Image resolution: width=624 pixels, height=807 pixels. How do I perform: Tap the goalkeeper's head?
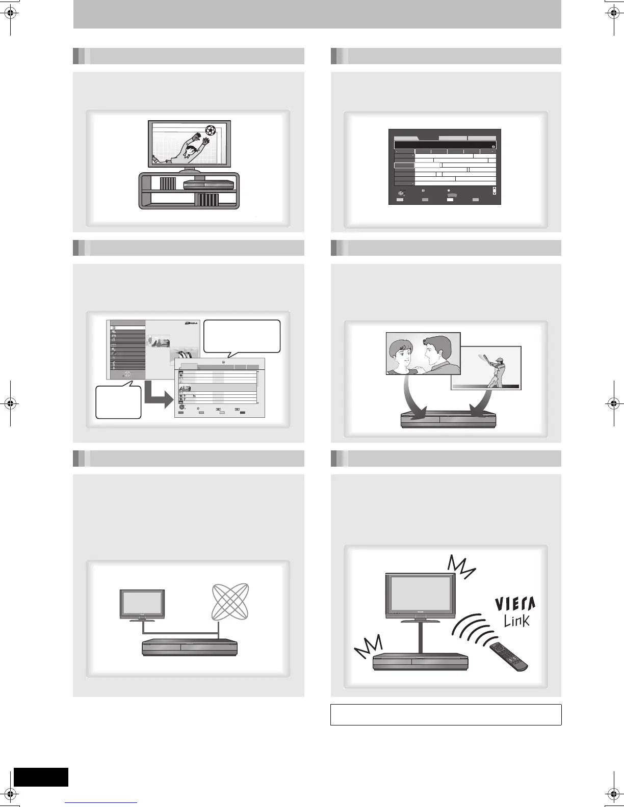192,150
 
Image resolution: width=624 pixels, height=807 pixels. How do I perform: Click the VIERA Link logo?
515,611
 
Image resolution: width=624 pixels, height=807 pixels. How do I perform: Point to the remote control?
508,656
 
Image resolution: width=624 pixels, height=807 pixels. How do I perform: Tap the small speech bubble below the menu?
118,402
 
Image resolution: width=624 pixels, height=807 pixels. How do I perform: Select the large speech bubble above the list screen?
242,336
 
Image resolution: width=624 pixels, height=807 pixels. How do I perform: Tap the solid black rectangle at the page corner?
41,776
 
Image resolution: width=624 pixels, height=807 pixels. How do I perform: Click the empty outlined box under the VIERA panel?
446,714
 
